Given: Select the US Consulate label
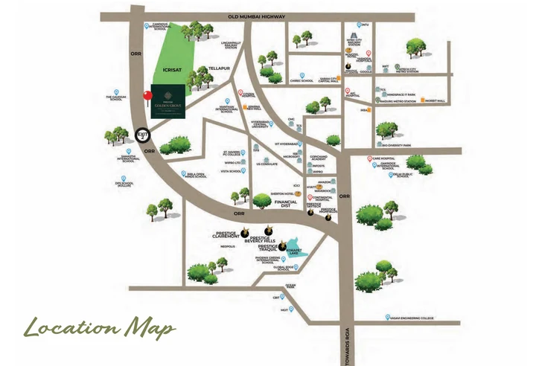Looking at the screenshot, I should pos(266,164).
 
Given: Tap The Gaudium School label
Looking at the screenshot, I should pos(114,98).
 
